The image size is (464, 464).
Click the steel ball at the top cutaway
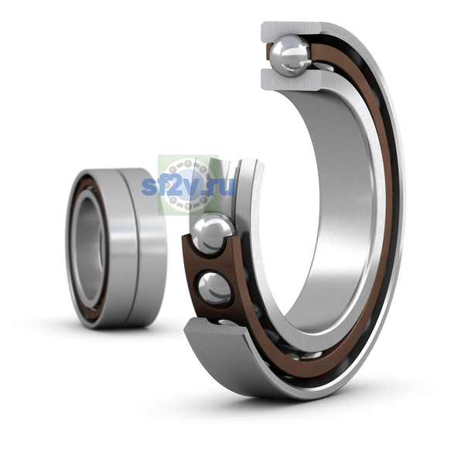point(292,56)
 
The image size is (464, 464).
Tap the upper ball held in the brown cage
point(212,234)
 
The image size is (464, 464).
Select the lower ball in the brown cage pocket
point(214,288)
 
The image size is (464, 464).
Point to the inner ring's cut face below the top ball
point(292,80)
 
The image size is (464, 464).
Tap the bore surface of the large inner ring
point(332,207)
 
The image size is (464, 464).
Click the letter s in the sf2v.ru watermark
point(149,187)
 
